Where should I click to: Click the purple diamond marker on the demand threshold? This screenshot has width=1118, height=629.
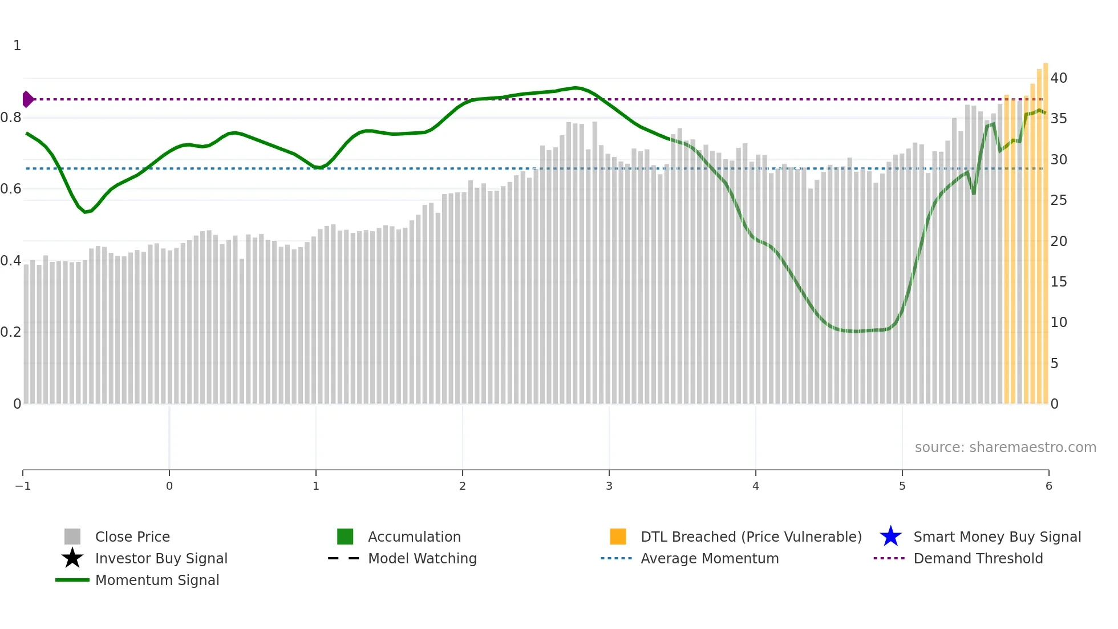(27, 99)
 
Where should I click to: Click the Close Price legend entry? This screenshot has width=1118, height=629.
(132, 537)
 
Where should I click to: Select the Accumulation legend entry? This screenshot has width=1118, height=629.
(414, 537)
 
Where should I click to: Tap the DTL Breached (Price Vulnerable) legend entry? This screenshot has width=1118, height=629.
(751, 537)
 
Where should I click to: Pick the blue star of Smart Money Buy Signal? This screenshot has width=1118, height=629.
(890, 537)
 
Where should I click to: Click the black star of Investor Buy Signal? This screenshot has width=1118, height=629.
(72, 558)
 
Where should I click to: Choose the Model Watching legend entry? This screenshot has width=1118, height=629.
(422, 558)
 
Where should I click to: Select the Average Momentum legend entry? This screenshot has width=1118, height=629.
(709, 558)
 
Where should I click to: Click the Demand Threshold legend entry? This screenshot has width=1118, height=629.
(978, 558)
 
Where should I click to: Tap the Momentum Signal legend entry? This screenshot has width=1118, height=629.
(157, 580)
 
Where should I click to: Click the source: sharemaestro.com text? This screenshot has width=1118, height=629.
(1005, 447)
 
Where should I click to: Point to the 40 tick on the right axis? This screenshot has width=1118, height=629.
(1059, 78)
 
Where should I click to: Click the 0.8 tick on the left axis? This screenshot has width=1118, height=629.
(11, 118)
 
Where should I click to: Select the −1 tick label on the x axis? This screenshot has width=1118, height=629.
(23, 486)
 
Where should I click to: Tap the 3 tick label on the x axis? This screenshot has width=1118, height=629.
(609, 486)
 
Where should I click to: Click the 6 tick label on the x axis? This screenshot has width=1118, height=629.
(1048, 486)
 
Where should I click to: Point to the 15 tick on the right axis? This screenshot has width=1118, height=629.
(1059, 282)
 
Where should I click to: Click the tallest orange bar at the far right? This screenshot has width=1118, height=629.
(1046, 228)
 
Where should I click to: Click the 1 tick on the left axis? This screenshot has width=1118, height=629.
(17, 46)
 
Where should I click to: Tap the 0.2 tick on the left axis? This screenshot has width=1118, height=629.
(11, 332)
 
